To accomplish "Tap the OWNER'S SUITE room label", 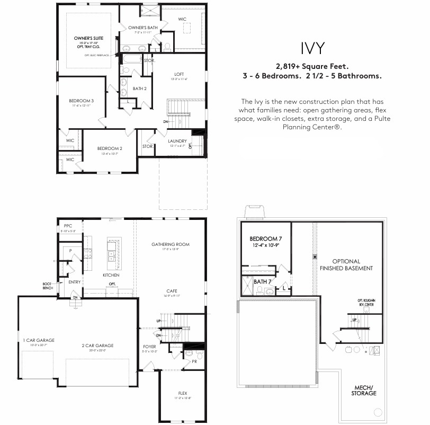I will pyautogui.click(x=88, y=39).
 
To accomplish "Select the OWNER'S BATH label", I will pyautogui.click(x=140, y=28).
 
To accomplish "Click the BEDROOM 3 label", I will pyautogui.click(x=81, y=101).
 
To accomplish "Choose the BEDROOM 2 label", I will pyautogui.click(x=110, y=148).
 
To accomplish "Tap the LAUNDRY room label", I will pyautogui.click(x=177, y=141).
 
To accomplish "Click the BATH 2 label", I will pyautogui.click(x=140, y=88).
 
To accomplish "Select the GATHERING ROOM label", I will pyautogui.click(x=170, y=244).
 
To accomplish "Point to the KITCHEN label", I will pyautogui.click(x=111, y=275).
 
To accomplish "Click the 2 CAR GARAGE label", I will pyautogui.click(x=97, y=346).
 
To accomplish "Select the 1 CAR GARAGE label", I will pyautogui.click(x=38, y=340).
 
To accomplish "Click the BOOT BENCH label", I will pyautogui.click(x=47, y=286).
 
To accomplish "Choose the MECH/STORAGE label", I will pyautogui.click(x=364, y=391).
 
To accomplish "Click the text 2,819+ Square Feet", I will pyautogui.click(x=312, y=67).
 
